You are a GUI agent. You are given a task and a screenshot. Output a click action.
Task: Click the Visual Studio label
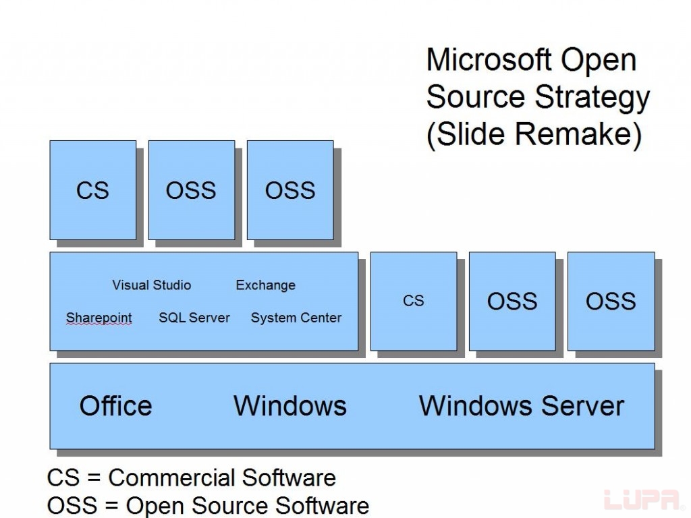(151, 285)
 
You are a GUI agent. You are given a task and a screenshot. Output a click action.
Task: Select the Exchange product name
(265, 285)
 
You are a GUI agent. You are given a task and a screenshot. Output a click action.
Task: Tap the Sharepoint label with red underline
(99, 318)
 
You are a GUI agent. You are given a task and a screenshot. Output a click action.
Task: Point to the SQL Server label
(194, 318)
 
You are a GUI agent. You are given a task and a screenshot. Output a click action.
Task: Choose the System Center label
(296, 318)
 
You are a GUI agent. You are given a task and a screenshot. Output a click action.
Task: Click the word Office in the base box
(115, 406)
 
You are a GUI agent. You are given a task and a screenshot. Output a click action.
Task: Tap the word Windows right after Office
(290, 406)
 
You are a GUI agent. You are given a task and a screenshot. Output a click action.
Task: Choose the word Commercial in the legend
(171, 478)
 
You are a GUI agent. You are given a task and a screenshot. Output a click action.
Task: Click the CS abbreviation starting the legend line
(61, 478)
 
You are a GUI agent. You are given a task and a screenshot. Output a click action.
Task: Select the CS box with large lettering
(92, 190)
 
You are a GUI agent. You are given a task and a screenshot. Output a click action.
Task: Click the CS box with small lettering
(414, 301)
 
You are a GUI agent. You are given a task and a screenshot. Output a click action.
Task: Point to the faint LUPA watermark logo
(641, 500)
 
